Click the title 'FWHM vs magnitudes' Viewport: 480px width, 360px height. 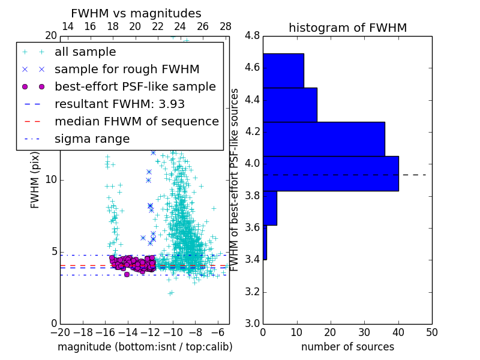click(136, 14)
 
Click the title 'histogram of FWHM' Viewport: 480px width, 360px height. click(347, 28)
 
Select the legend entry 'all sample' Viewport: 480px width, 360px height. click(85, 52)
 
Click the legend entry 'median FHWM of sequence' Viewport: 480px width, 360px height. click(136, 121)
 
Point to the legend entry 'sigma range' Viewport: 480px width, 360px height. click(92, 139)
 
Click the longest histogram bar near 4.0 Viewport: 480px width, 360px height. click(331, 173)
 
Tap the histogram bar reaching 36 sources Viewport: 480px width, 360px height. click(324, 139)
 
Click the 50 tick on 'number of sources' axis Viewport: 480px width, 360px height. click(431, 332)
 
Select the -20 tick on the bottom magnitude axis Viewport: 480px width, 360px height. click(60, 332)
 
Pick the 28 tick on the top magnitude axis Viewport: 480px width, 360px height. click(226, 26)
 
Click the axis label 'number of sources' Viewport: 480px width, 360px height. click(347, 347)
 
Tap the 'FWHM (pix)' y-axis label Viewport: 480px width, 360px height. click(35, 179)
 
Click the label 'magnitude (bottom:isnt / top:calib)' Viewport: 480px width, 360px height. click(145, 347)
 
